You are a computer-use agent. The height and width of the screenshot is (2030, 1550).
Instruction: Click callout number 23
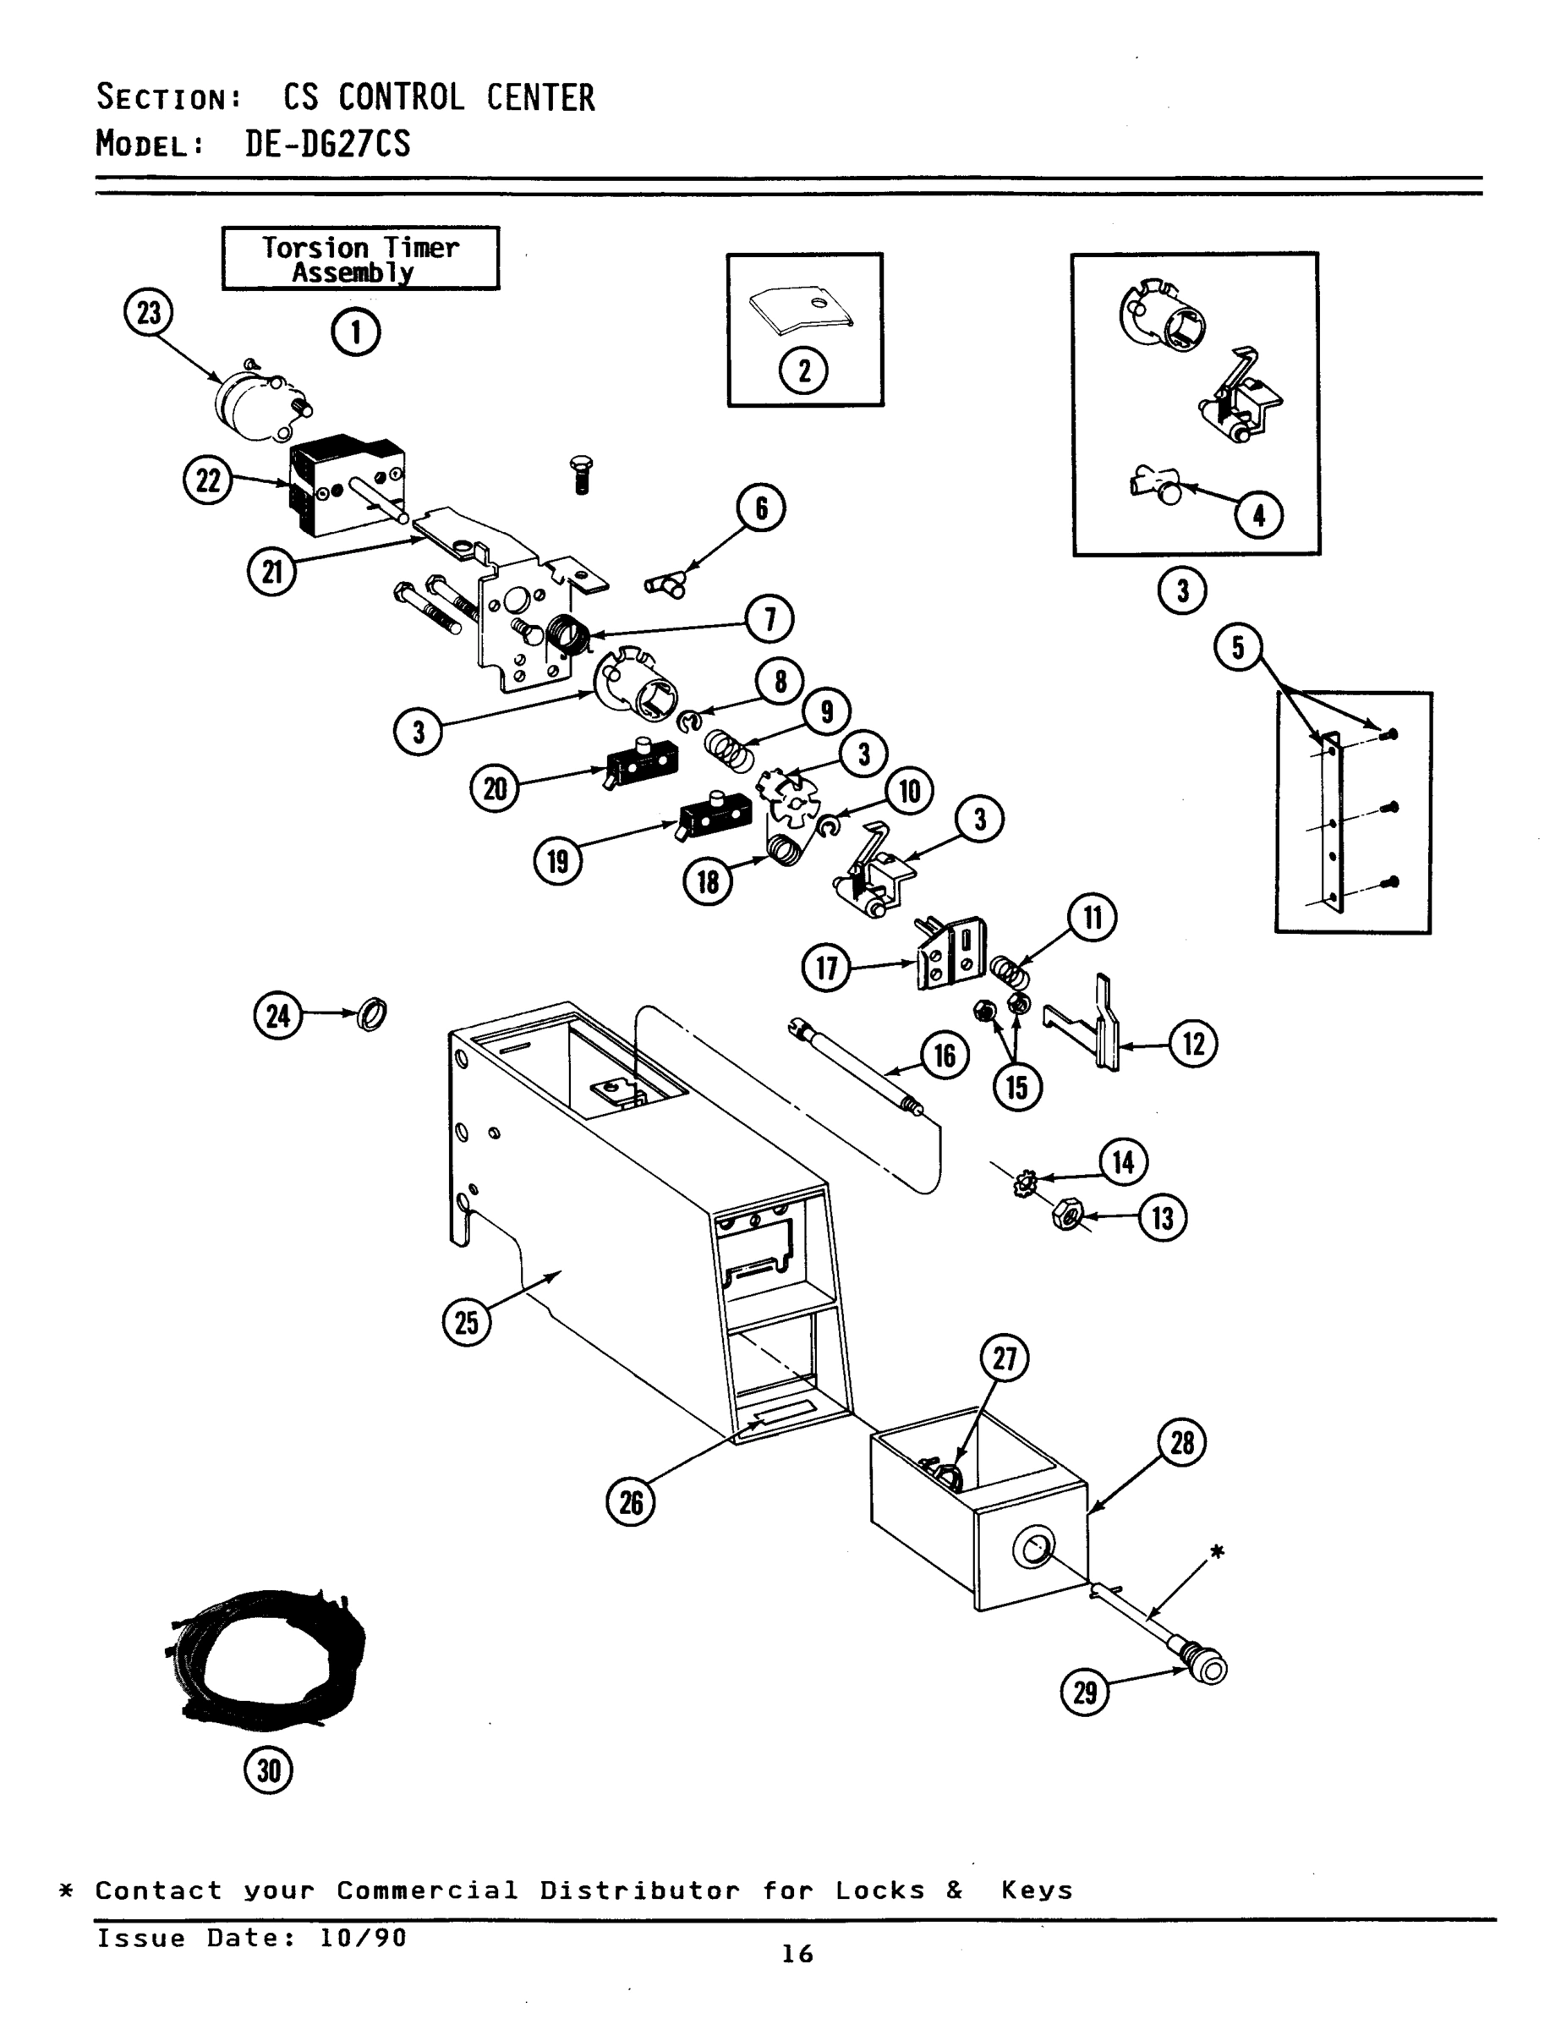(148, 314)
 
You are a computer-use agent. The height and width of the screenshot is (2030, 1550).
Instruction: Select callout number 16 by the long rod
(945, 1056)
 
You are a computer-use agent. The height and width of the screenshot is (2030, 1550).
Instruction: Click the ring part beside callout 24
(372, 1014)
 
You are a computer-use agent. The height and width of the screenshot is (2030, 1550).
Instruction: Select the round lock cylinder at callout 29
(1209, 1666)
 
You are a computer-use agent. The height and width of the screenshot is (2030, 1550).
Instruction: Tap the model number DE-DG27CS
(327, 144)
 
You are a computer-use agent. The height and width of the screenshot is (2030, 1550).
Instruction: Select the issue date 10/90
(363, 1938)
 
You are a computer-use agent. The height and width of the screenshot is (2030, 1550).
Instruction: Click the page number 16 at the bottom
(797, 1953)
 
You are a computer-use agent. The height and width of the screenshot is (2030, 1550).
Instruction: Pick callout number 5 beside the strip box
(1237, 648)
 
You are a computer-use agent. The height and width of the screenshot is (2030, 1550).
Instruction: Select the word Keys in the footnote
(1037, 1890)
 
